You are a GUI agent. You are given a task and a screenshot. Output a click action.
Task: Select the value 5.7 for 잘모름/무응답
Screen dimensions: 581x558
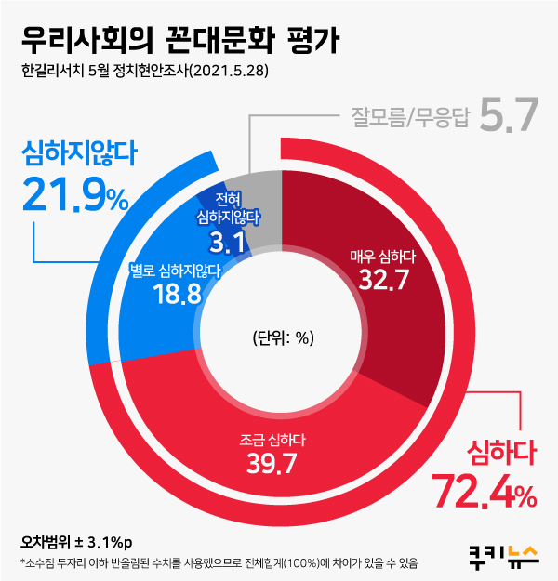pyautogui.click(x=510, y=115)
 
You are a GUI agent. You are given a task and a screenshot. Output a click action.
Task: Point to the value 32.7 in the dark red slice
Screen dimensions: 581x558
pyautogui.click(x=381, y=279)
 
